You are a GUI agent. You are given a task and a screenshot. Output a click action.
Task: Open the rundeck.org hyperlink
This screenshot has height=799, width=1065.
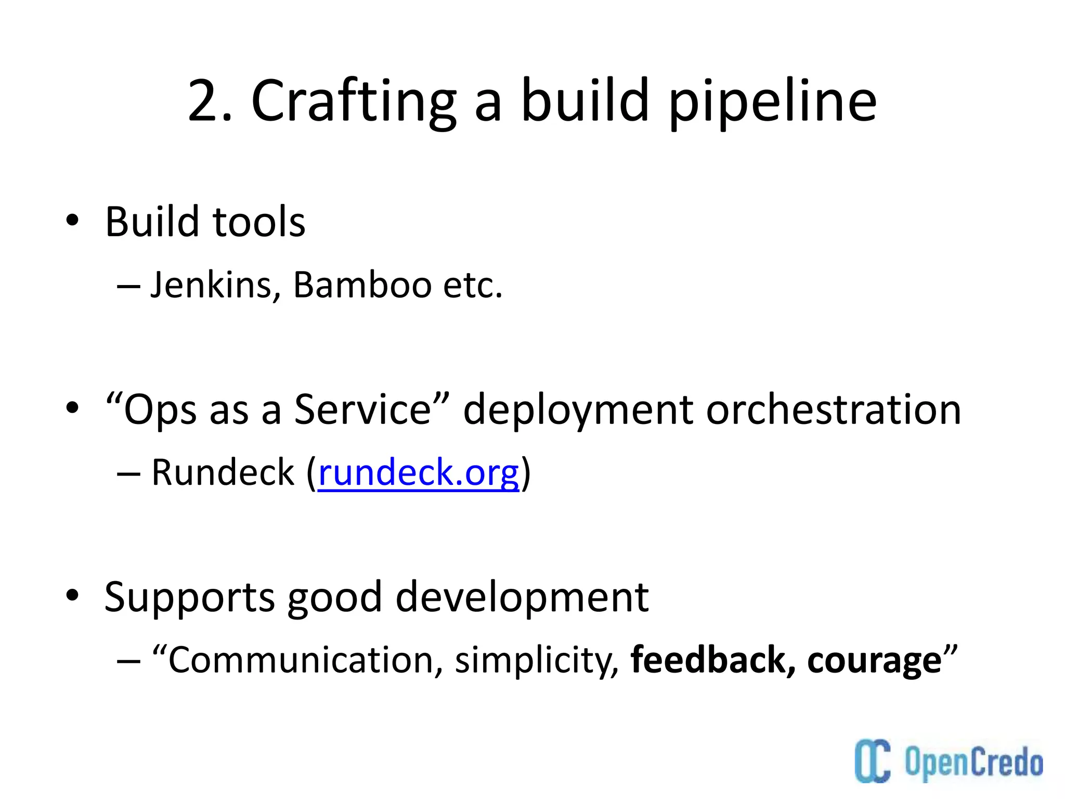419,473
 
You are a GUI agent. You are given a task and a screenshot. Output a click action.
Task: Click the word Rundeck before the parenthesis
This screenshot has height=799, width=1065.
223,473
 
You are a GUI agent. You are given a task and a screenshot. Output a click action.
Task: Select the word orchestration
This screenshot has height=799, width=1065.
833,410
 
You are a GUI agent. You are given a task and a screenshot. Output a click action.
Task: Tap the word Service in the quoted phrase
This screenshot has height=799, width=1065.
362,410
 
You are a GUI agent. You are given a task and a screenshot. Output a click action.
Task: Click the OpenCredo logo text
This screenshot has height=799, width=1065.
973,763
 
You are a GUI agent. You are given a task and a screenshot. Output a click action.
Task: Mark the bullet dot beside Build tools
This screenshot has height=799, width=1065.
72,221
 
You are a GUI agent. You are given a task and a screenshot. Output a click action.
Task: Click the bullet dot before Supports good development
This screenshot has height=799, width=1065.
72,595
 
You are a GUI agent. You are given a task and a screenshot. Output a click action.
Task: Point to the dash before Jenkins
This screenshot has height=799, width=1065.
128,287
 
